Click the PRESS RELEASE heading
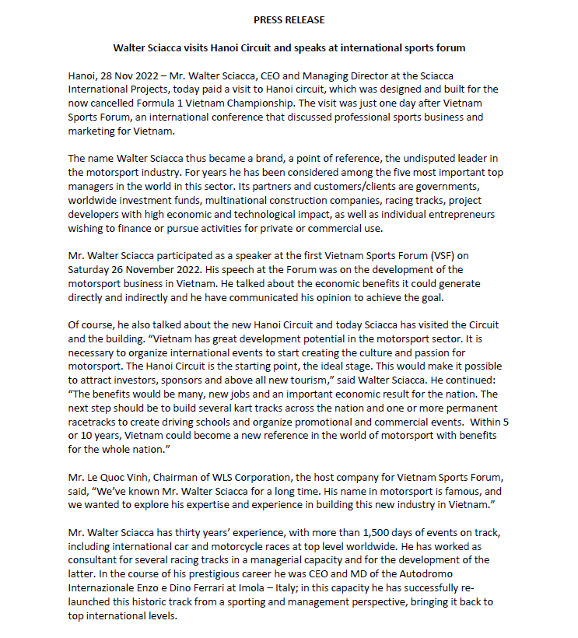click(x=289, y=19)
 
